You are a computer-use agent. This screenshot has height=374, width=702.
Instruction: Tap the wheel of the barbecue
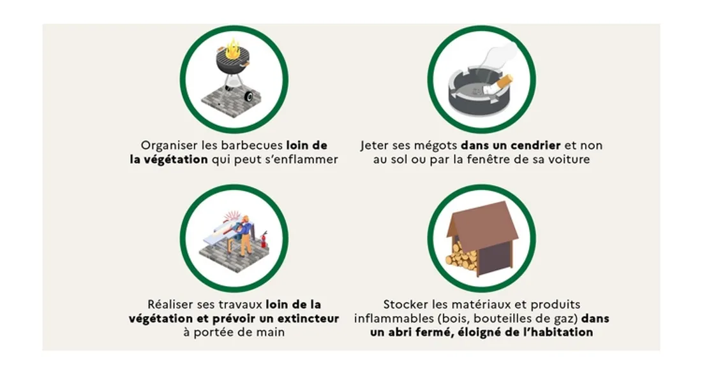click(x=248, y=97)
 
